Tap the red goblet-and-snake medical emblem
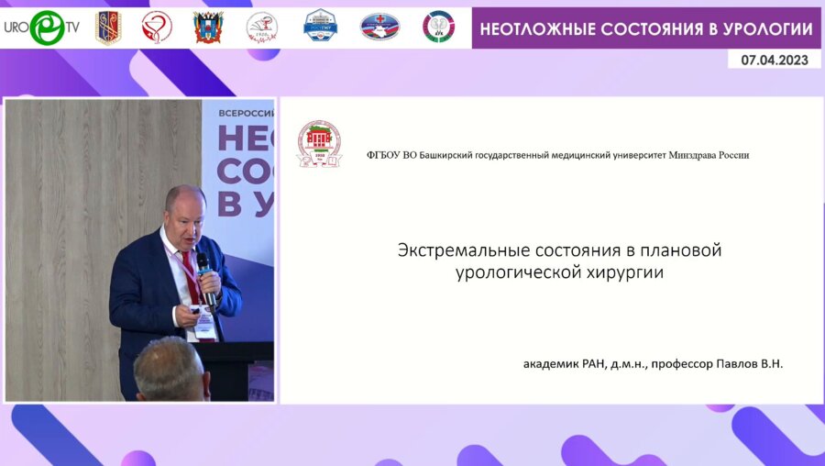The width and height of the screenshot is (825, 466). coord(157,28)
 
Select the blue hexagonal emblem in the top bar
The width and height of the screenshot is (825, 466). coord(320,27)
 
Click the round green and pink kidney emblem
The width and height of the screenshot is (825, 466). coord(438,27)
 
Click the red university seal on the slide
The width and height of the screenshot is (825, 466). coord(318,143)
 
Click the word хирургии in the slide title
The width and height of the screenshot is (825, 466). coord(623,272)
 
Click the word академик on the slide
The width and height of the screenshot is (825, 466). coord(552,364)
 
